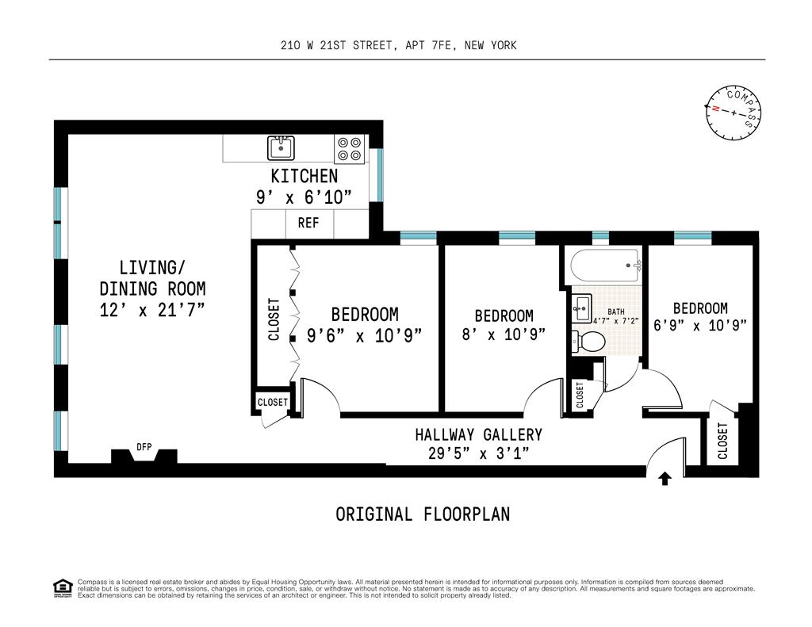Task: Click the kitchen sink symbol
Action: pyautogui.click(x=281, y=148)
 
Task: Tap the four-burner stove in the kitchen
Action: pyautogui.click(x=349, y=148)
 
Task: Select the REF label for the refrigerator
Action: pyautogui.click(x=308, y=224)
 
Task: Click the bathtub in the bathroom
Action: pyautogui.click(x=606, y=266)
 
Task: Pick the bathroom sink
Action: pyautogui.click(x=581, y=308)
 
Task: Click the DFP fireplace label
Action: pyautogui.click(x=144, y=446)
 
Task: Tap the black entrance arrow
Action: pyautogui.click(x=665, y=479)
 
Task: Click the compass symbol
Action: pyautogui.click(x=733, y=113)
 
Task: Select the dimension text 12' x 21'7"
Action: pyautogui.click(x=152, y=310)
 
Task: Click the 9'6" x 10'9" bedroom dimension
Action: pyautogui.click(x=365, y=335)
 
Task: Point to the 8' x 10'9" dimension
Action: pyautogui.click(x=504, y=334)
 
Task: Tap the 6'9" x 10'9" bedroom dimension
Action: pyautogui.click(x=700, y=325)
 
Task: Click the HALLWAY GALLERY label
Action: pyautogui.click(x=478, y=434)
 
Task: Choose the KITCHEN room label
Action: pyautogui.click(x=304, y=176)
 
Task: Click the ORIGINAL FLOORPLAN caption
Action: pyautogui.click(x=423, y=514)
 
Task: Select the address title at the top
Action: pyautogui.click(x=399, y=45)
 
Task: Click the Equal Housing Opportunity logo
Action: pyautogui.click(x=63, y=588)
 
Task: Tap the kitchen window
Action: pyautogui.click(x=380, y=175)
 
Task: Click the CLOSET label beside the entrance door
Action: pyautogui.click(x=723, y=442)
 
